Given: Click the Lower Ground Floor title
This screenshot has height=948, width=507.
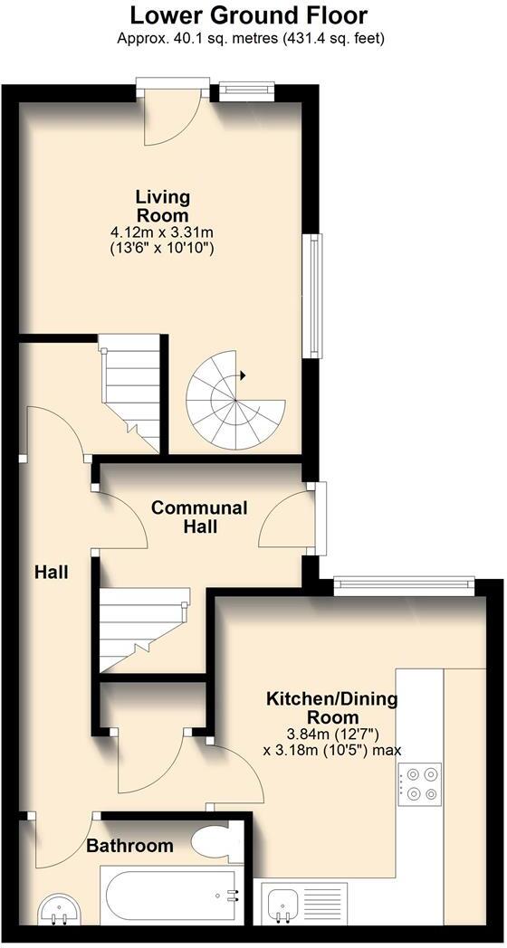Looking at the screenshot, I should (249, 15).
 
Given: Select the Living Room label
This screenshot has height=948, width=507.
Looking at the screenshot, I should (162, 206).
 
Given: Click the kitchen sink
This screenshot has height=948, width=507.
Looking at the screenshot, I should (285, 902).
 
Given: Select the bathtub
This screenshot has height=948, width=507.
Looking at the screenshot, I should (172, 896).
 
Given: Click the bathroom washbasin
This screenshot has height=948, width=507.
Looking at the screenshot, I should (60, 909).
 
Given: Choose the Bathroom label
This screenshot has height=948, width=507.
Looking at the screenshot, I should (129, 847).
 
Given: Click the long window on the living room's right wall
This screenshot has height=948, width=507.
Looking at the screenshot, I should (313, 295).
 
